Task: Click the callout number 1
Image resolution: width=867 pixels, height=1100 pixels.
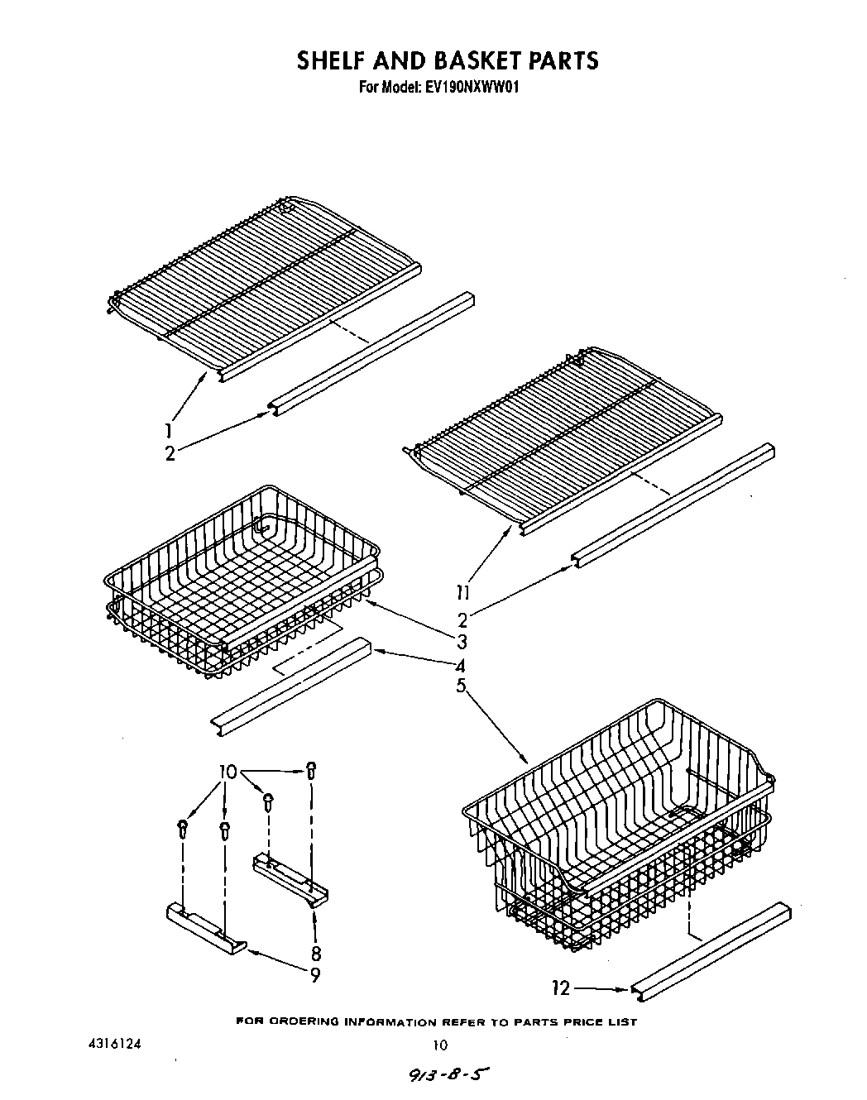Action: coord(169,430)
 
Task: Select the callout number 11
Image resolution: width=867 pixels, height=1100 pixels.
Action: coord(462,592)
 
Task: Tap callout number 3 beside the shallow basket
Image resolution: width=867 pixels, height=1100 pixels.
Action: coord(462,642)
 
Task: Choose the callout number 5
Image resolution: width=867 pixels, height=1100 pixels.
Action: coord(461,686)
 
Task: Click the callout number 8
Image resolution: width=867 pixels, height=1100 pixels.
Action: coord(315,952)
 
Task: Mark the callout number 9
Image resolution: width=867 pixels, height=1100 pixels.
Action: coord(315,976)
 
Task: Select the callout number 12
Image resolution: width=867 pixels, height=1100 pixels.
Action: coord(561,988)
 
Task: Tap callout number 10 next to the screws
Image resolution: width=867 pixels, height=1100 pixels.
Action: coord(228,772)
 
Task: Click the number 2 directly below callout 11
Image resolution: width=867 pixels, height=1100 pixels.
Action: coord(462,619)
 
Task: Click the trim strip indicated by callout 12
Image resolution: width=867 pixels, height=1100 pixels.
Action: coord(711,945)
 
